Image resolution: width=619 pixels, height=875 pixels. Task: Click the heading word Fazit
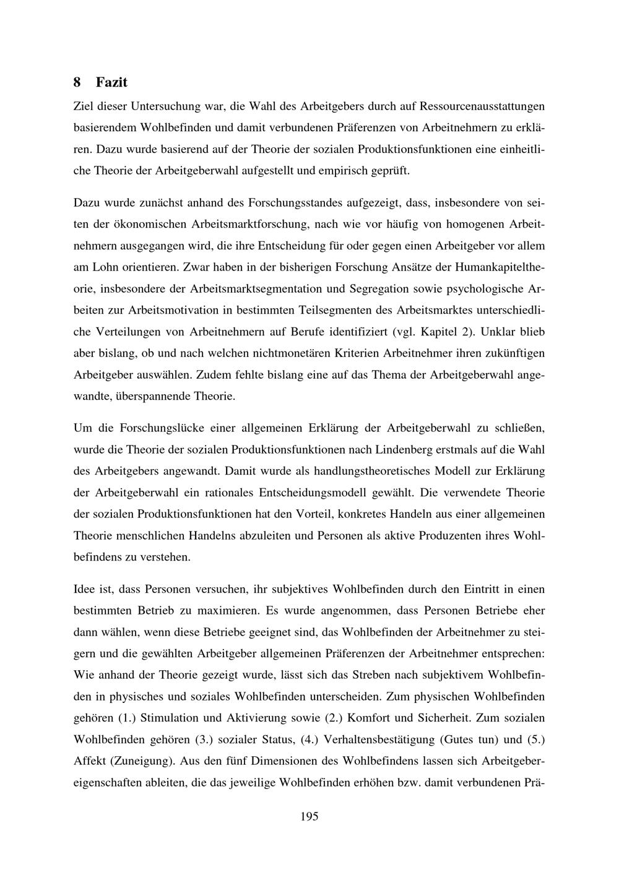click(x=111, y=82)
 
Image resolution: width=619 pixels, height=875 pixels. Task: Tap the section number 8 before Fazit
click(x=77, y=82)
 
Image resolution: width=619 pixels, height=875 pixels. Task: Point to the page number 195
click(x=309, y=817)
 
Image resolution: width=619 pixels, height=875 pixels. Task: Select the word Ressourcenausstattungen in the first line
click(x=482, y=106)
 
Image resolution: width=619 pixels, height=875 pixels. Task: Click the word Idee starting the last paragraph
click(x=84, y=589)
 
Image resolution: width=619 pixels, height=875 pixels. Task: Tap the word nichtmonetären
click(x=293, y=353)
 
